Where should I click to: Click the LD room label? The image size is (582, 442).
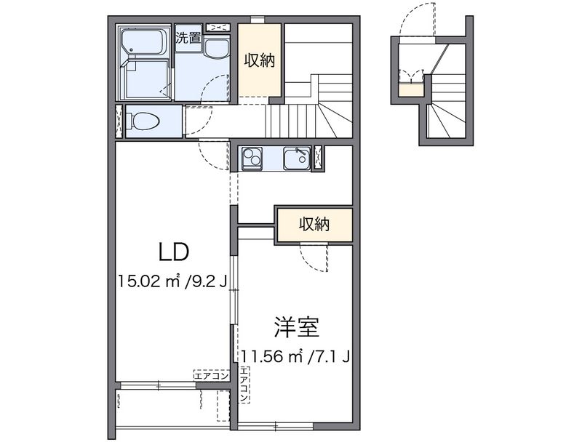[174, 252]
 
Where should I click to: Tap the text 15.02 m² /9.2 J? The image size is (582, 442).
[172, 281]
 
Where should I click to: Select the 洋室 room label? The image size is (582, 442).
[297, 328]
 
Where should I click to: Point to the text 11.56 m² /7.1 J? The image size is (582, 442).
[295, 357]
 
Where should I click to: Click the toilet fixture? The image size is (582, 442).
[143, 121]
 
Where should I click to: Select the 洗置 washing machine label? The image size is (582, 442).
[188, 38]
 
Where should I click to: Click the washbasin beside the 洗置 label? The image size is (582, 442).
[215, 48]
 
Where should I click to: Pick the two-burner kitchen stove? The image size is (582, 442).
[252, 158]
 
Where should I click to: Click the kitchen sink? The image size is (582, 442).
[297, 158]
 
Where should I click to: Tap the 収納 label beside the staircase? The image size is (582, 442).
[260, 60]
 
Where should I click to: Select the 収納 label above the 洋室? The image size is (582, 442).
[314, 225]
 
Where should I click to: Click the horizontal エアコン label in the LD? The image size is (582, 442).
[211, 376]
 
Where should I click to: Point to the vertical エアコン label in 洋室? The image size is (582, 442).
[244, 385]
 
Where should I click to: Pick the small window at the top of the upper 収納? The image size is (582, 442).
[258, 20]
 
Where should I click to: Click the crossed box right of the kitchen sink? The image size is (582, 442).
[318, 158]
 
